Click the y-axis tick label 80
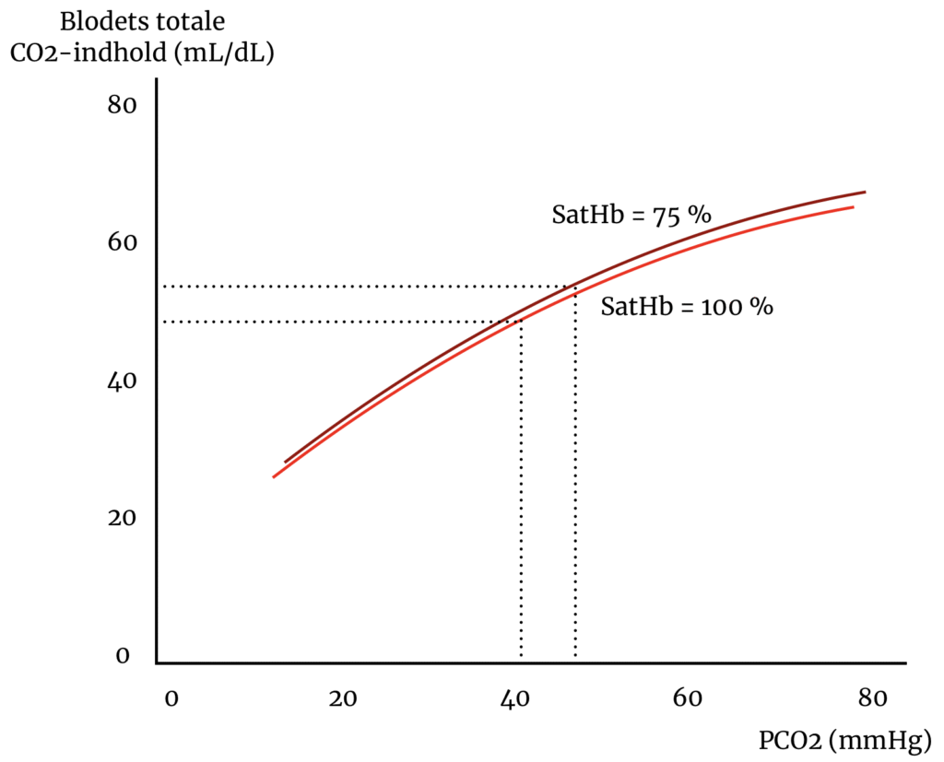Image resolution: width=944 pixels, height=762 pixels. (x=122, y=105)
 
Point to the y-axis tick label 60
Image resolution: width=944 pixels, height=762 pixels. (x=122, y=242)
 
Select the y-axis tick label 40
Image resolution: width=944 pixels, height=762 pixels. (x=122, y=381)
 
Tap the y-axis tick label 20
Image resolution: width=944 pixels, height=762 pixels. (x=122, y=518)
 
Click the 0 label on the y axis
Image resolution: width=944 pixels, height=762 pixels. (x=122, y=656)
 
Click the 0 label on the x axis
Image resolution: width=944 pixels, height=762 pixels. (x=171, y=698)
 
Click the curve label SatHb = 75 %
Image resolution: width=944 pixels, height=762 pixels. (x=631, y=216)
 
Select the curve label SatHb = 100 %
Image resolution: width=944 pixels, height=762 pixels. (x=687, y=307)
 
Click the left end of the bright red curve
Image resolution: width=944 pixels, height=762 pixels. (x=274, y=476)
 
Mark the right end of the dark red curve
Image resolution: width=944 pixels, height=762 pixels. (x=865, y=192)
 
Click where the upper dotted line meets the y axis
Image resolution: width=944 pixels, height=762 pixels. (x=158, y=287)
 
